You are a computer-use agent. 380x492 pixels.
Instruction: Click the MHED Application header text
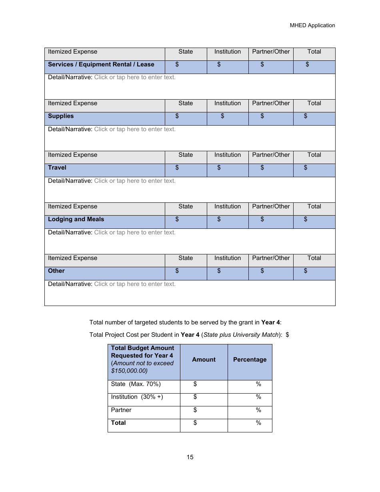[x=312, y=25]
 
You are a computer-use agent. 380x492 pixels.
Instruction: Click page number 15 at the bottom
[x=190, y=457]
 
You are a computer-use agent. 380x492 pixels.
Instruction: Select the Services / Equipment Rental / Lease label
[x=101, y=64]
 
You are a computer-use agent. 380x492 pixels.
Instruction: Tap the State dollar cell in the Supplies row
[x=186, y=118]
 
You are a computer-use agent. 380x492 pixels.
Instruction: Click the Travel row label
[x=57, y=168]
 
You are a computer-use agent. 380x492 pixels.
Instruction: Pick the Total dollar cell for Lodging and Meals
[x=314, y=222]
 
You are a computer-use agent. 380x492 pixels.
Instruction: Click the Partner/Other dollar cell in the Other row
[x=271, y=273]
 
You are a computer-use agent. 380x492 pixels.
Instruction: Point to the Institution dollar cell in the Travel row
[x=228, y=170]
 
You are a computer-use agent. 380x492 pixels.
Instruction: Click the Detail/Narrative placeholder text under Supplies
[x=134, y=129]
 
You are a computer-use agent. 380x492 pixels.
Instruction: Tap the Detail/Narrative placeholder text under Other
[x=134, y=284]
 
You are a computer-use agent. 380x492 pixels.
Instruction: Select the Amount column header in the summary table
[x=204, y=360]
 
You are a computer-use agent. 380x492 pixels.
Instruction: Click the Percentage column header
[x=250, y=360]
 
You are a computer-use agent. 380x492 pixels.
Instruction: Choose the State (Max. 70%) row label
[x=136, y=384]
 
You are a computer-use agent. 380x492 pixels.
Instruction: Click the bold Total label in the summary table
[x=118, y=423]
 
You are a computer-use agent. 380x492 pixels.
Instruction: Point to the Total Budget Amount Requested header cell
[x=143, y=359]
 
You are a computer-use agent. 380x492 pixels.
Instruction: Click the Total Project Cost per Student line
[x=189, y=335]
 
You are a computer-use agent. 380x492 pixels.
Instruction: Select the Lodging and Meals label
[x=76, y=219]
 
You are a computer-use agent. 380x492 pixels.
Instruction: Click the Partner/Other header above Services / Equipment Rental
[x=271, y=52]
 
